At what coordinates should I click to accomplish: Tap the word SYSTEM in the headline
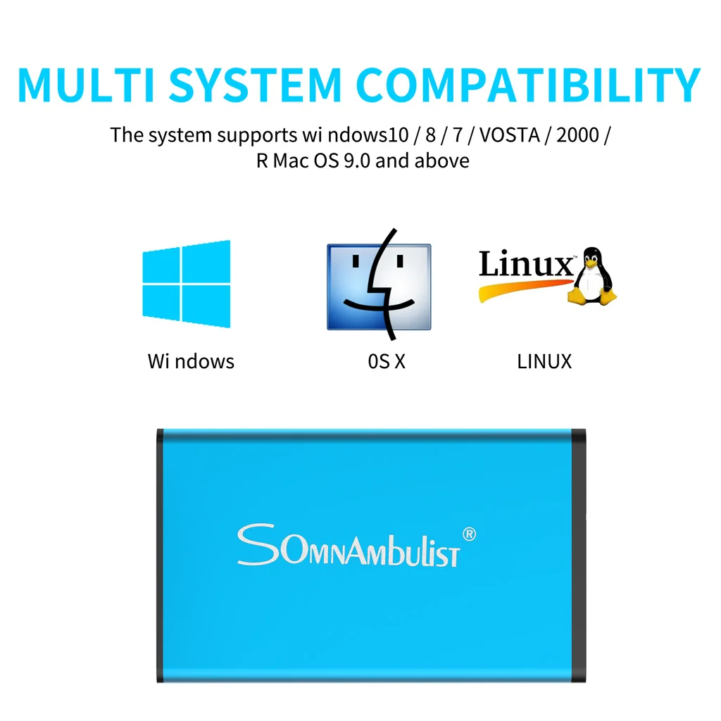pos(256,84)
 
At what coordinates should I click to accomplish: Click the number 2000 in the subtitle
pos(577,134)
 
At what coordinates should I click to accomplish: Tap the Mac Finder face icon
pos(379,287)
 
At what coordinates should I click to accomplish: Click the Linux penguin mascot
pos(593,277)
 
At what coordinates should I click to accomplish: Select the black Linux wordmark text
pos(525,265)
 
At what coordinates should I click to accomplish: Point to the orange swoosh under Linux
pos(521,289)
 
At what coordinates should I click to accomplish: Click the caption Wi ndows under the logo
pos(191,362)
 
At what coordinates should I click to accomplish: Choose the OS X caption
pos(387,362)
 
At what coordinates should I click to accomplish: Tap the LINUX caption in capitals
pos(544,362)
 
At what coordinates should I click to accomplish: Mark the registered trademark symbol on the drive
pos(470,534)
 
